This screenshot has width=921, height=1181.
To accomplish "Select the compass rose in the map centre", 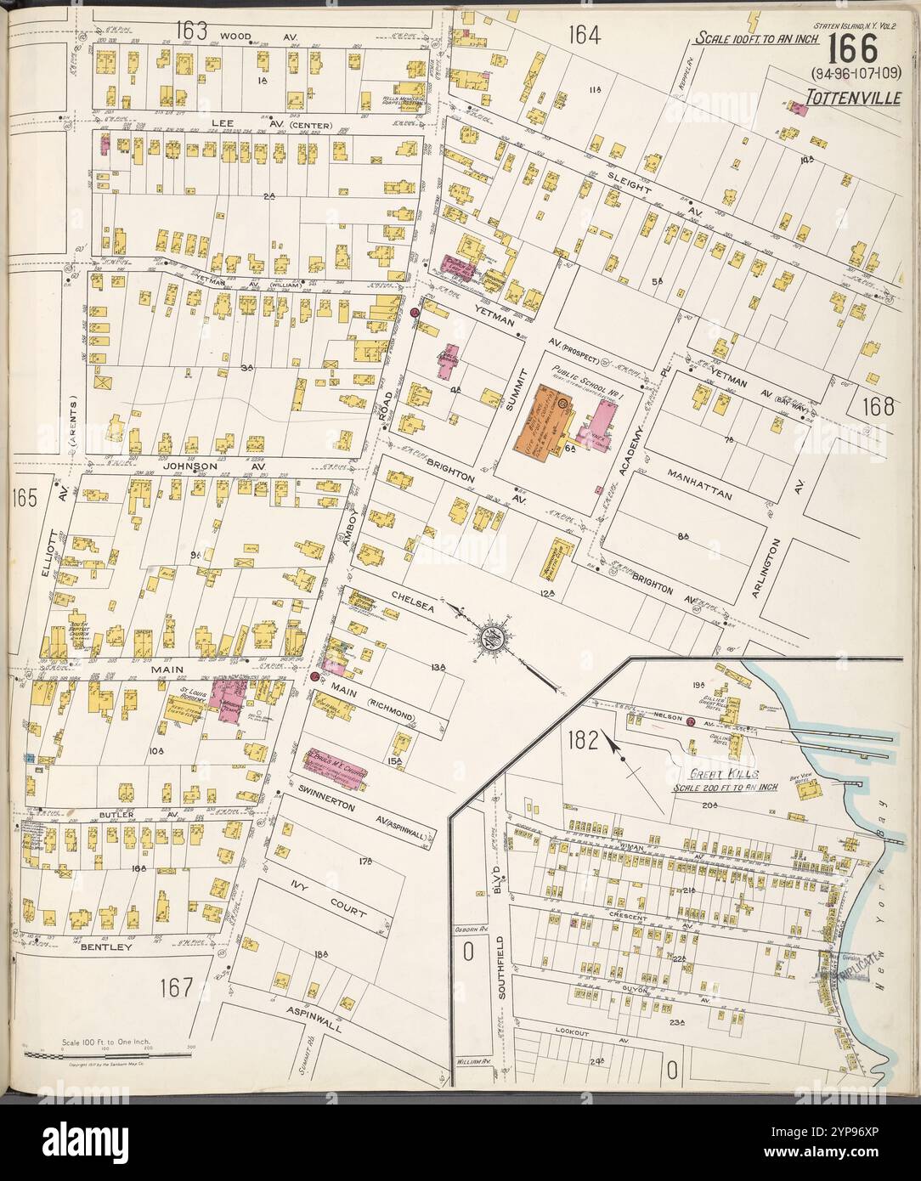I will click(490, 636).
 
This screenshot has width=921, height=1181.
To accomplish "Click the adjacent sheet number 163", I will click(192, 31).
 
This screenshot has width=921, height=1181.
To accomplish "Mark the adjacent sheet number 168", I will click(876, 407).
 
